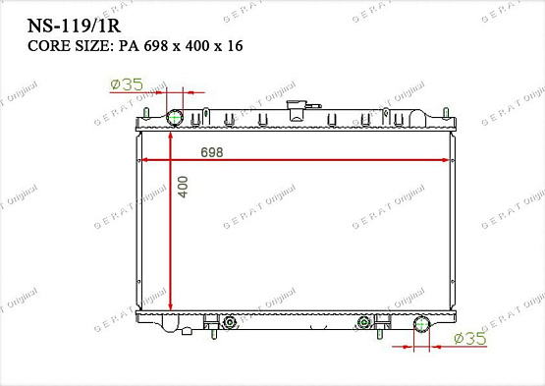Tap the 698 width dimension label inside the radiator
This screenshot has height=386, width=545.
211,152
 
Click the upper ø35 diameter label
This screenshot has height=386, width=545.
127,85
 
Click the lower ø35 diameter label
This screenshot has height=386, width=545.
473,339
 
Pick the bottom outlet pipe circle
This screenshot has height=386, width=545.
422,324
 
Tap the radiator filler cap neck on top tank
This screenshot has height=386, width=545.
293,109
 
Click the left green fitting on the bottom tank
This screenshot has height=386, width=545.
230,322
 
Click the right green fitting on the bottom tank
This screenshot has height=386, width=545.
365,322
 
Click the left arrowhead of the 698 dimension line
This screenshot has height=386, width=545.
147,159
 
